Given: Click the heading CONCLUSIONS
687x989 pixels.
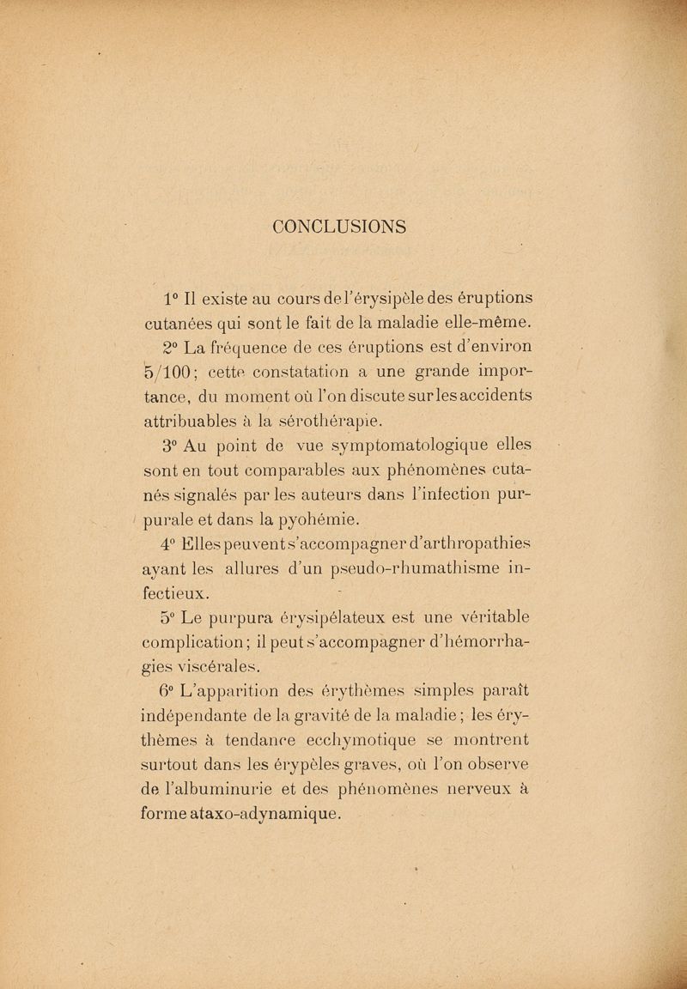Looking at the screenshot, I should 343,227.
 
